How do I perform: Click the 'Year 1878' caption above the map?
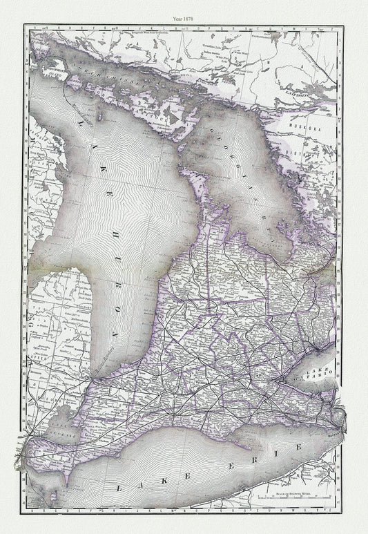[x=183, y=12]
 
